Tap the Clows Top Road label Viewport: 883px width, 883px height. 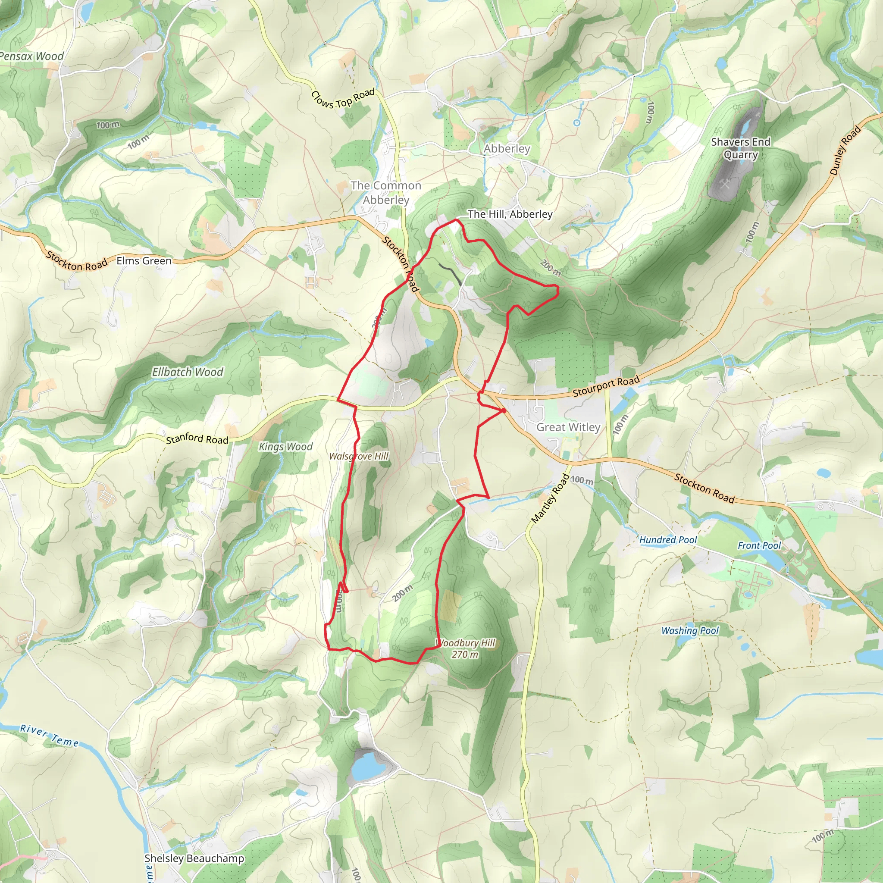pyautogui.click(x=343, y=99)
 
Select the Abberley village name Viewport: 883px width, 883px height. pyautogui.click(x=507, y=149)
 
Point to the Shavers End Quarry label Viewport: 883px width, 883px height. pyautogui.click(x=740, y=149)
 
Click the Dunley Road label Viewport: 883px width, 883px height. pyautogui.click(x=845, y=150)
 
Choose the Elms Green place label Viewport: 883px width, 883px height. pyautogui.click(x=144, y=260)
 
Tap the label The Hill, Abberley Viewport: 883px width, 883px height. pyautogui.click(x=510, y=214)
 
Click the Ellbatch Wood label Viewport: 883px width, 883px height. pyautogui.click(x=188, y=372)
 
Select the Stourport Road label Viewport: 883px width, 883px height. pyautogui.click(x=606, y=386)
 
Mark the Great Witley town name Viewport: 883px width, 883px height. pyautogui.click(x=568, y=427)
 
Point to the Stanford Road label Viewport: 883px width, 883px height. pyautogui.click(x=197, y=439)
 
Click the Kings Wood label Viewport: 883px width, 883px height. pyautogui.click(x=286, y=447)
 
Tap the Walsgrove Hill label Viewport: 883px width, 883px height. pyautogui.click(x=359, y=456)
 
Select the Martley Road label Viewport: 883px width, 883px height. pyautogui.click(x=550, y=499)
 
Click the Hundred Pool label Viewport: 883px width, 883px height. pyautogui.click(x=668, y=540)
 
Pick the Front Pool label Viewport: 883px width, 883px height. pyautogui.click(x=759, y=545)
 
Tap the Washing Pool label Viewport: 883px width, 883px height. pyautogui.click(x=690, y=631)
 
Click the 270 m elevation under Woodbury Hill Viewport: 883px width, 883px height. pyautogui.click(x=465, y=654)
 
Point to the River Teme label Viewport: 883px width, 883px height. pyautogui.click(x=49, y=736)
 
